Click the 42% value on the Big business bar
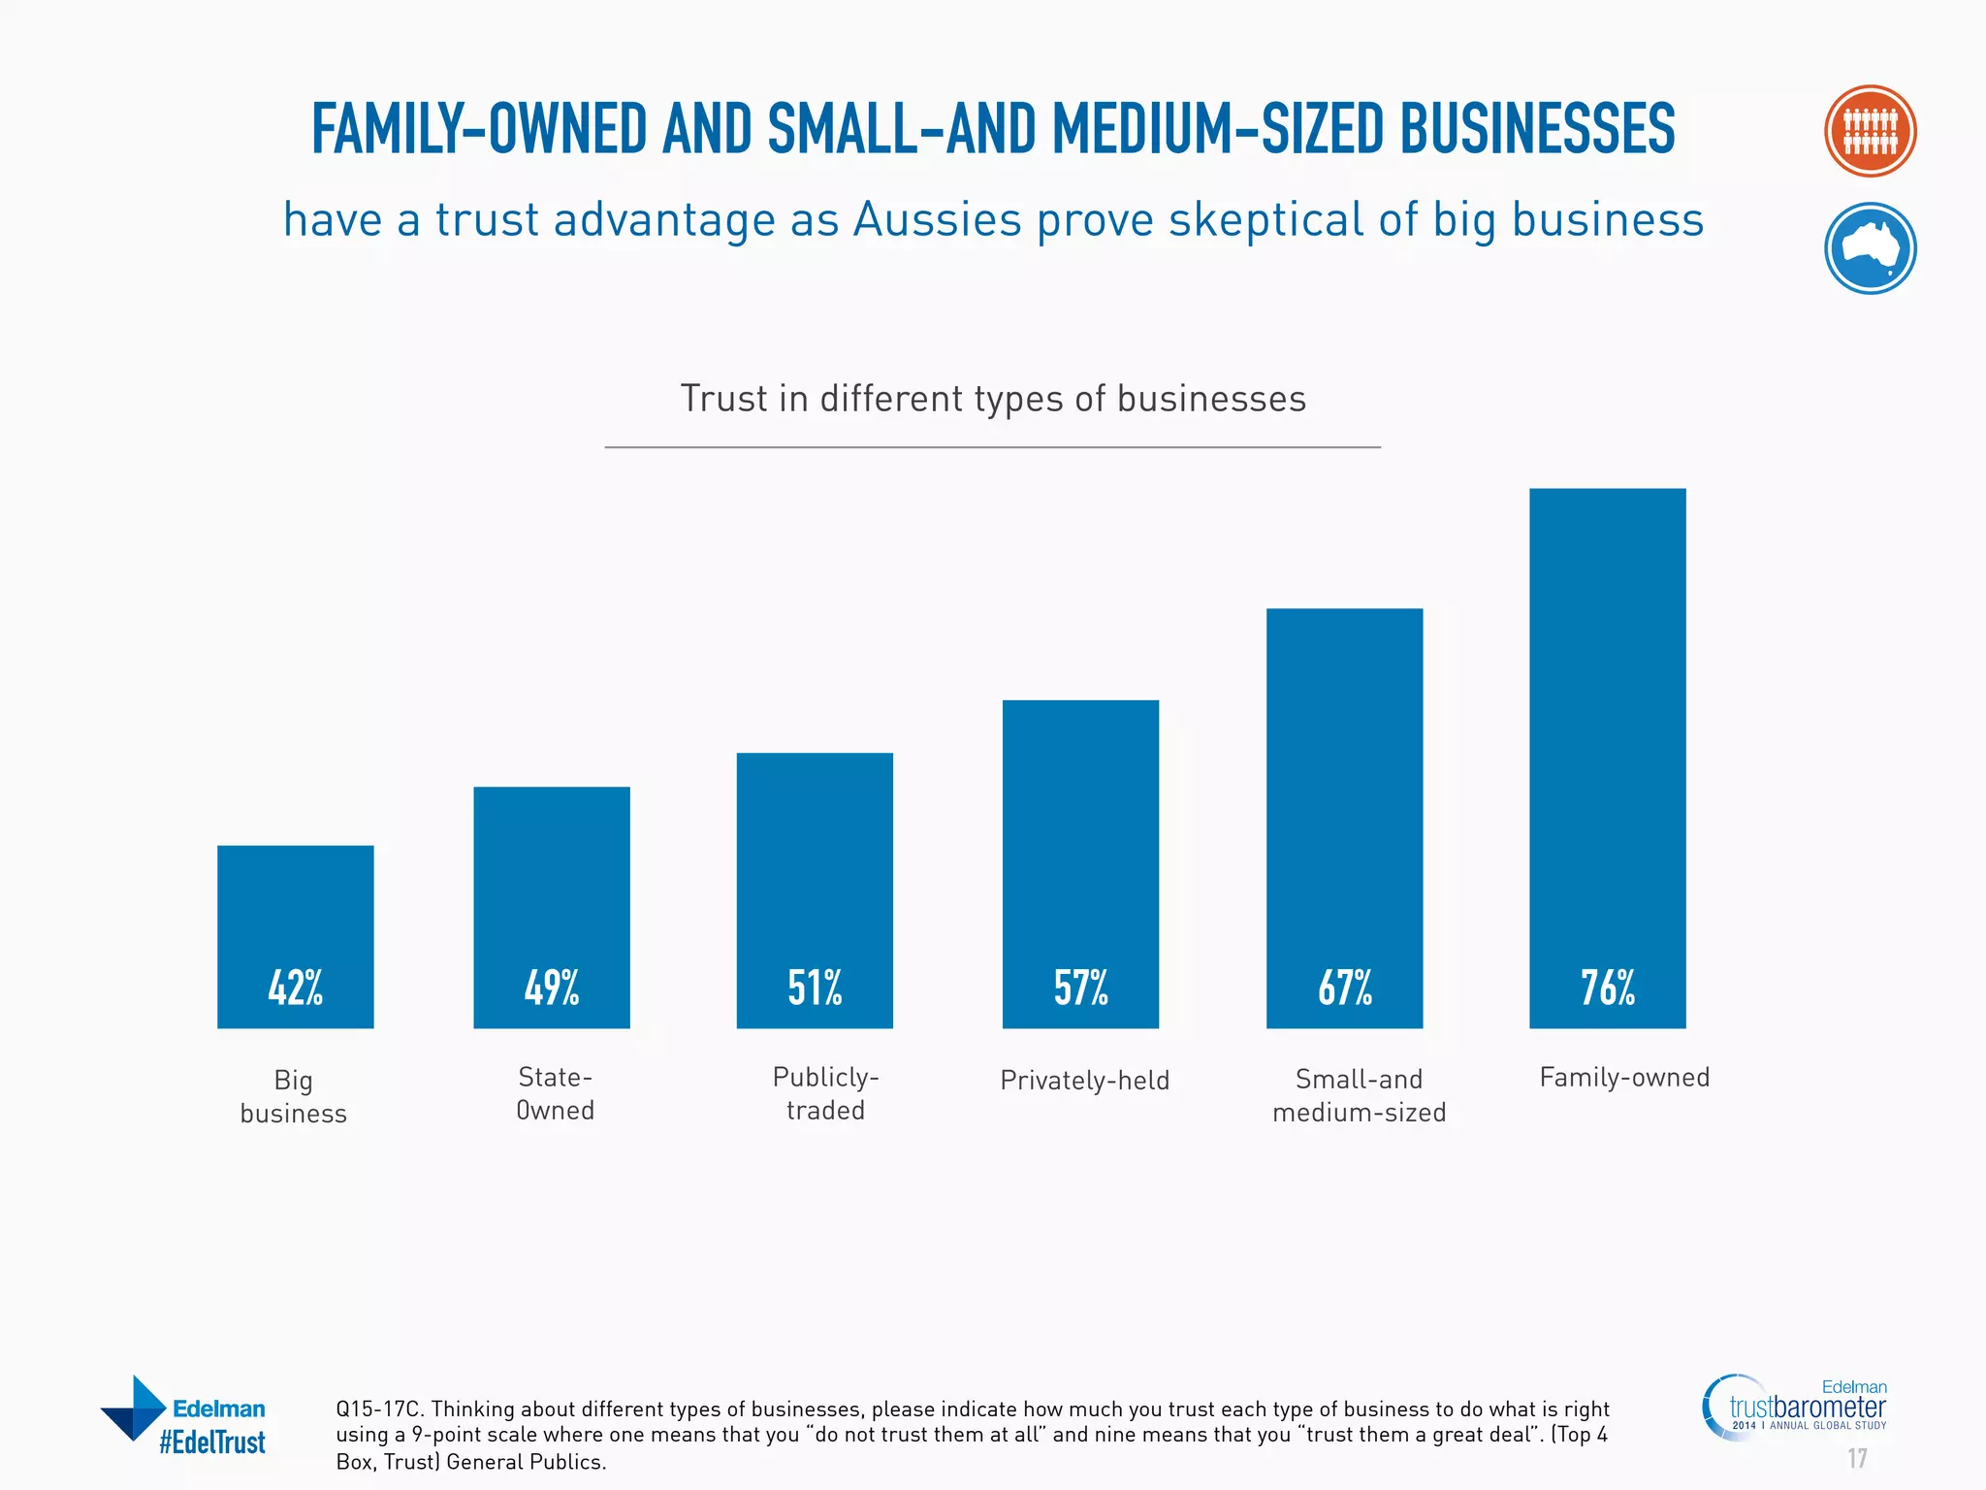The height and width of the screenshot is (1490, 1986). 295,988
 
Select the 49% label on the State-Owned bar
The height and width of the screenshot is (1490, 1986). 551,988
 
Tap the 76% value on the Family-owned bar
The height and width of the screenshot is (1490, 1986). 1607,988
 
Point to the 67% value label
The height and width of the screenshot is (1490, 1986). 1344,988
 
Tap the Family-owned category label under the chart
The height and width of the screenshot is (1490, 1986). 1624,1077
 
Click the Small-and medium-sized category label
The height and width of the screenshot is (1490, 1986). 1359,1095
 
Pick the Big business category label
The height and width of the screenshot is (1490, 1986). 293,1096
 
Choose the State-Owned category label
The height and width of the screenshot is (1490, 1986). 555,1093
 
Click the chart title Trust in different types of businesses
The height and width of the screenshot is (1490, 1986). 993,399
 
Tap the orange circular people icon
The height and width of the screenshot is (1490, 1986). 1870,131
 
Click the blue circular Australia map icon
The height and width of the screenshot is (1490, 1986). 1870,248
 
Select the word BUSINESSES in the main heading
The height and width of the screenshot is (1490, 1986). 1537,129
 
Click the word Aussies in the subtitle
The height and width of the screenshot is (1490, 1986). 937,219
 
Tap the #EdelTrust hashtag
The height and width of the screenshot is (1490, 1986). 211,1442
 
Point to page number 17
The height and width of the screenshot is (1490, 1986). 1856,1458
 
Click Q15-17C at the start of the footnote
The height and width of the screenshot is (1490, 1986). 378,1409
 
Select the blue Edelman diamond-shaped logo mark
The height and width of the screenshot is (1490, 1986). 134,1408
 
